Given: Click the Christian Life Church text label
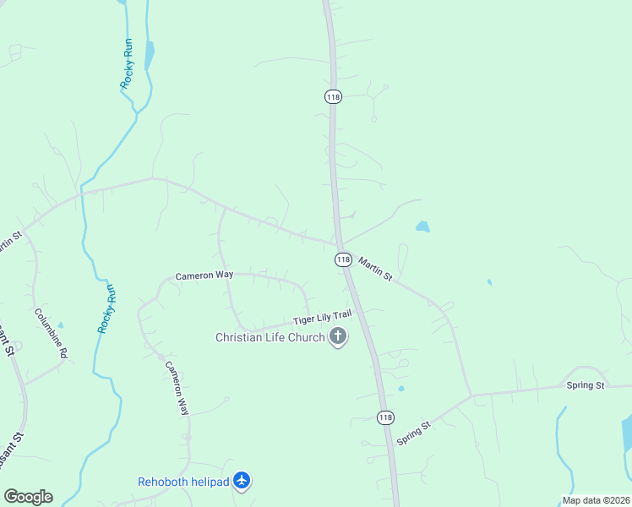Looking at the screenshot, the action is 270,338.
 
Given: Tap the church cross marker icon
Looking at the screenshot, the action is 338,338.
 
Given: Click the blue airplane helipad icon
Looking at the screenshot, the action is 242,481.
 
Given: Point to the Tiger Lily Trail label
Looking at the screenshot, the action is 322,318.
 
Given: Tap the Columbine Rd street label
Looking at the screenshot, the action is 51,333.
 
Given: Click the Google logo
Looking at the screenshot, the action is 28,497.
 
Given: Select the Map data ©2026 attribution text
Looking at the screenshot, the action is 596,500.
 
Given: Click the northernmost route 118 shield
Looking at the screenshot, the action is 333,97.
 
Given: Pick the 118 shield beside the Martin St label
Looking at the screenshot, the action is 343,259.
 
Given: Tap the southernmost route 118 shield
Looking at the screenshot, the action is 385,417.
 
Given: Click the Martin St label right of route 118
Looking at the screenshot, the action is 375,270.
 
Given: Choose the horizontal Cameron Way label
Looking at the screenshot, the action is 204,275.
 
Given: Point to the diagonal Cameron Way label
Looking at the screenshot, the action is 177,388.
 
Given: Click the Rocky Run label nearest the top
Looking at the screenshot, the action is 128,63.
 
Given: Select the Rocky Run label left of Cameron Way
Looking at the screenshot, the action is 106,308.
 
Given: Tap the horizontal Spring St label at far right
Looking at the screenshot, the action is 587,385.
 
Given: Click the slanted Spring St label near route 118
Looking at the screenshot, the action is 414,433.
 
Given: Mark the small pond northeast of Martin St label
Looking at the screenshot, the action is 422,226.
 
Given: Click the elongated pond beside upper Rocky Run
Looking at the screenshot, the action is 150,56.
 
